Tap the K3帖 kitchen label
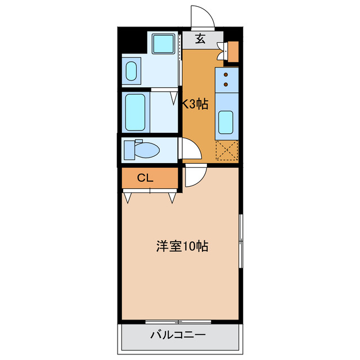click(195, 103)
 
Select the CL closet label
click(145, 178)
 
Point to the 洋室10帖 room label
click(182, 246)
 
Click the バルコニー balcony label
click(177, 336)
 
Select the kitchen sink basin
click(227, 122)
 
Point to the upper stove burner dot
click(226, 74)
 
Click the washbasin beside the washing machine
click(130, 71)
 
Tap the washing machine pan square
click(164, 43)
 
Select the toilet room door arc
click(189, 150)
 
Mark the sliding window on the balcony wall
click(177, 322)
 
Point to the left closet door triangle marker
click(129, 197)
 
